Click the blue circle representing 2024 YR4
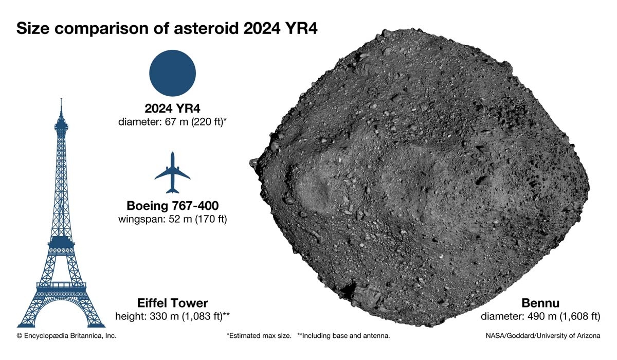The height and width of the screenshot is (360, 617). (172, 73)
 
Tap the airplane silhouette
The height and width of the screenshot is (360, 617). (172, 172)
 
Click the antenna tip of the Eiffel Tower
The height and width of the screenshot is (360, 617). (61, 99)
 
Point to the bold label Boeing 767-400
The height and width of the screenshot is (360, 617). (173, 206)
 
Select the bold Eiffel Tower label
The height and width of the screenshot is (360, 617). (173, 303)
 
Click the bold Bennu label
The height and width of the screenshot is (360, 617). (540, 303)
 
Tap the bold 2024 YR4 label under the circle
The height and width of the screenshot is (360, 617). (172, 108)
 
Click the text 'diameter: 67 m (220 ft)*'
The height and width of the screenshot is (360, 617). (172, 121)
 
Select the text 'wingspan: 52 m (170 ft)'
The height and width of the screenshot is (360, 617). (173, 219)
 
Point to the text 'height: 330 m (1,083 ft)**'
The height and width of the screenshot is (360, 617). (172, 316)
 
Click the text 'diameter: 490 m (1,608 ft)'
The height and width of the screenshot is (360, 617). (540, 316)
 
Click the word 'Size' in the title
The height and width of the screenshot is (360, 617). (33, 28)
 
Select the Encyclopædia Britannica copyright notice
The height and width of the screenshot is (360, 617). (66, 336)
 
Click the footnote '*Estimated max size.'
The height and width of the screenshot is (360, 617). (259, 336)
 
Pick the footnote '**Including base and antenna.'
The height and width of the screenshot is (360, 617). (344, 336)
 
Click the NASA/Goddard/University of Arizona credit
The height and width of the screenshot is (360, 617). (543, 336)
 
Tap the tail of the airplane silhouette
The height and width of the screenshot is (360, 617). (172, 190)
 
